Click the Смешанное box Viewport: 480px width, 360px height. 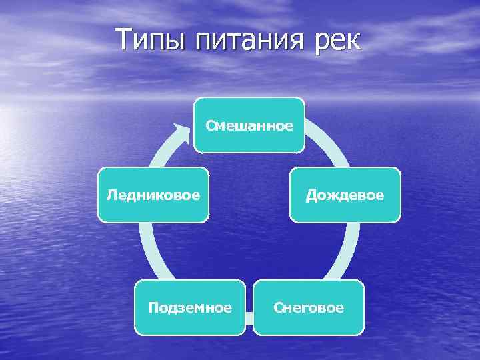click(249, 125)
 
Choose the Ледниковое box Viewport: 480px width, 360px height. click(153, 195)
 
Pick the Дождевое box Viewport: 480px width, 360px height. click(345, 195)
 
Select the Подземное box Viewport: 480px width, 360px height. click(190, 307)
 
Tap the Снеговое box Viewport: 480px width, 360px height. click(309, 307)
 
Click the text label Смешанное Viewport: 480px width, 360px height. click(249, 125)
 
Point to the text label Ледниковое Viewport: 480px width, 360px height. click(153, 195)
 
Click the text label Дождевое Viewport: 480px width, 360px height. click(345, 195)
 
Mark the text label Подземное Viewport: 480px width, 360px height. click(190, 308)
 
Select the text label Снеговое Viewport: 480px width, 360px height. click(309, 308)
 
